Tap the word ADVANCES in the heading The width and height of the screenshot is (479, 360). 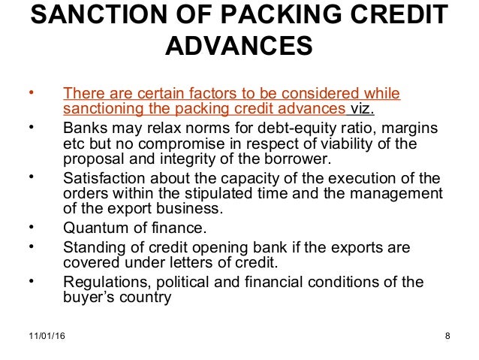(x=239, y=47)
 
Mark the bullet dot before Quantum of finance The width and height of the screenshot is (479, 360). (x=31, y=225)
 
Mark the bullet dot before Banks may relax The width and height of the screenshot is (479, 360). (x=31, y=126)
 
